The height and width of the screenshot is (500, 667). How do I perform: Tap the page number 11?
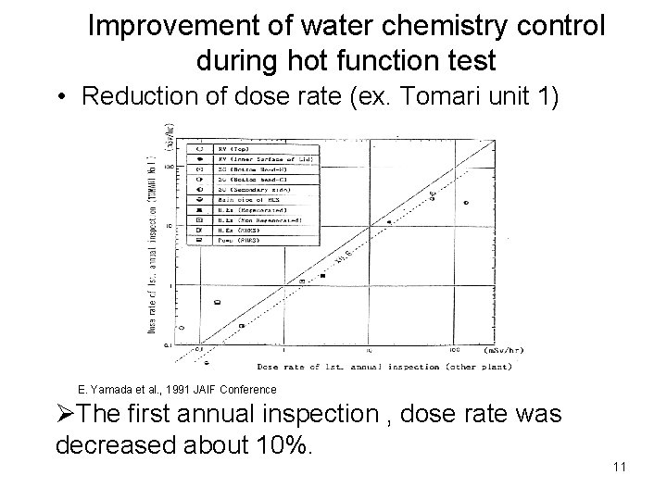[x=620, y=466]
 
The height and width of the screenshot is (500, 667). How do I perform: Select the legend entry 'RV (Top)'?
[x=228, y=147]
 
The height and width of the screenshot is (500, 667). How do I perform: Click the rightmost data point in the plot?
[x=466, y=203]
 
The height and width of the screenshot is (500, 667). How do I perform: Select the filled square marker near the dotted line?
[x=323, y=276]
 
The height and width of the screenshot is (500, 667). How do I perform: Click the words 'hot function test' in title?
[x=399, y=61]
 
